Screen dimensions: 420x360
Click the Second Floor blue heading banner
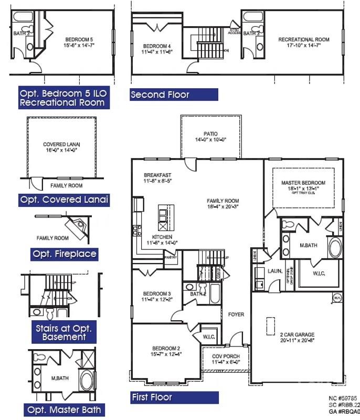click(174, 94)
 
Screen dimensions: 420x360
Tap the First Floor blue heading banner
click(174, 397)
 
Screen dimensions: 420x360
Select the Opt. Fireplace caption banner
click(65, 254)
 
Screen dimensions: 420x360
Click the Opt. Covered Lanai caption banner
click(65, 199)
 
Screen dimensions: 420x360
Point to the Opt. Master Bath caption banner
click(65, 409)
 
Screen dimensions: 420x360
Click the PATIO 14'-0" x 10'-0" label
click(210, 137)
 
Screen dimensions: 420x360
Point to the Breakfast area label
click(158, 178)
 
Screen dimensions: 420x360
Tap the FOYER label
click(236, 314)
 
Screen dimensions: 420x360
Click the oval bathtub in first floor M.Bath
click(335, 247)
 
